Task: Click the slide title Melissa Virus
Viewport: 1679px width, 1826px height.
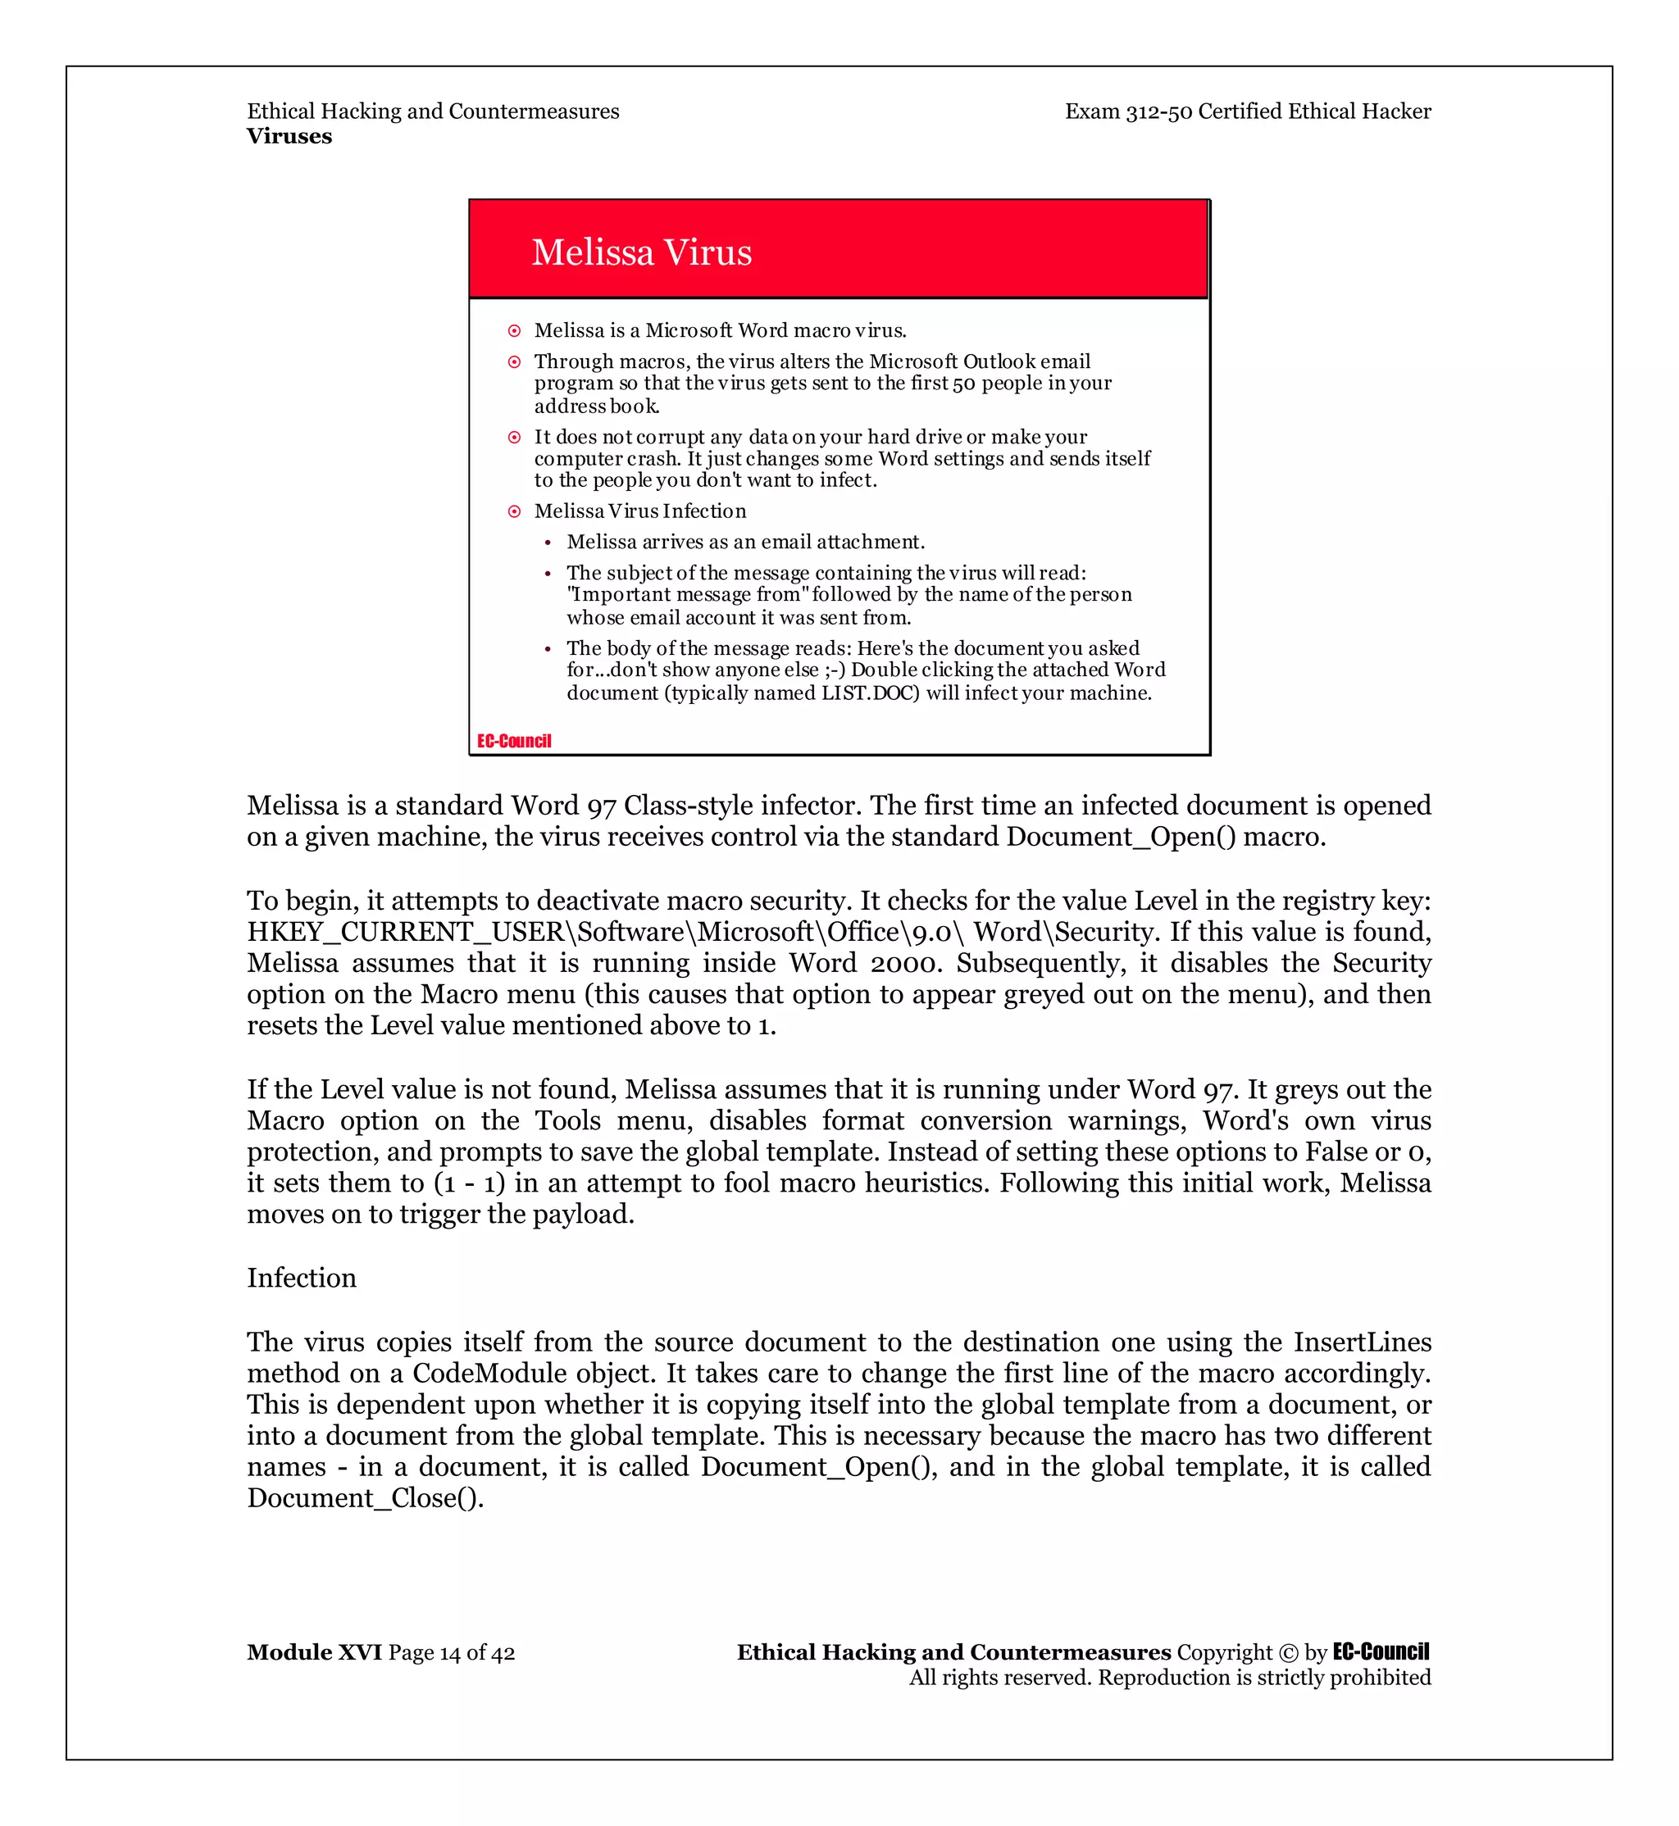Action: point(641,252)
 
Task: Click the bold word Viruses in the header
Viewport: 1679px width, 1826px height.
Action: point(289,136)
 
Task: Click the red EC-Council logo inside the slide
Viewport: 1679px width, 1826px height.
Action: point(514,742)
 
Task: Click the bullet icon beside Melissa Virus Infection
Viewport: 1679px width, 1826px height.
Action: point(514,511)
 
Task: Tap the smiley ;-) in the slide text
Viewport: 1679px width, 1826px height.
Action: point(833,670)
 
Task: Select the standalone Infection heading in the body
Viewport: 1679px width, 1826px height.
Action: point(302,1279)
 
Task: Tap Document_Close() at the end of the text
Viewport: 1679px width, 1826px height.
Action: point(366,1498)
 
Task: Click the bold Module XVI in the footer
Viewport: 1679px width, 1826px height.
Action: point(314,1652)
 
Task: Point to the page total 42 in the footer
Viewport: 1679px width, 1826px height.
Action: point(503,1653)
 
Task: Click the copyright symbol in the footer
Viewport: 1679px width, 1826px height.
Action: point(1288,1653)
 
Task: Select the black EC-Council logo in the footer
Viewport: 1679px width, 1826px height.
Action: point(1381,1652)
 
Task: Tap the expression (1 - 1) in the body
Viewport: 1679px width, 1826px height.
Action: point(469,1183)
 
